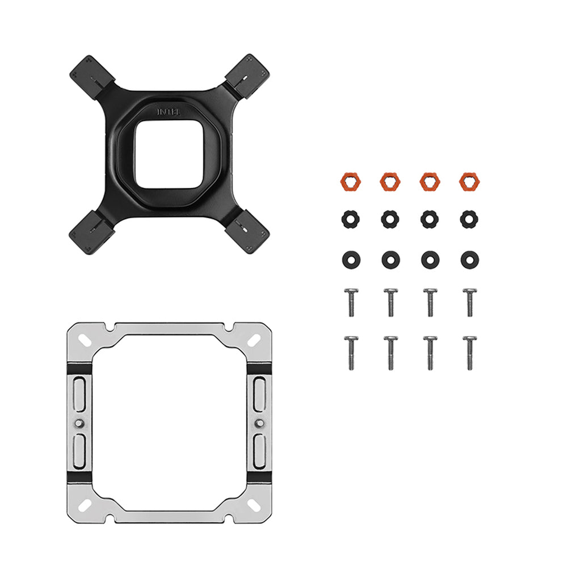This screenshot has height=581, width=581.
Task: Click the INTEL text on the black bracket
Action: [x=169, y=112]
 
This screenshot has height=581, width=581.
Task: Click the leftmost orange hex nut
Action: [x=350, y=182]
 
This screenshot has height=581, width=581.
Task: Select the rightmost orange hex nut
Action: [x=469, y=182]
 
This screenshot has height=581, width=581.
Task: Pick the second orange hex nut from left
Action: [x=390, y=182]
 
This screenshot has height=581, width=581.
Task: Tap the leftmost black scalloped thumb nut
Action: [x=351, y=220]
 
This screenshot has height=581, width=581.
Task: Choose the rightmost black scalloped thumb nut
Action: [x=469, y=220]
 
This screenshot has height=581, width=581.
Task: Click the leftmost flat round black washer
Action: [x=351, y=260]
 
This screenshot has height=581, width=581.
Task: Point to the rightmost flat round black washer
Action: [x=469, y=260]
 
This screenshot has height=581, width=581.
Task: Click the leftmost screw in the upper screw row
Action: [x=351, y=302]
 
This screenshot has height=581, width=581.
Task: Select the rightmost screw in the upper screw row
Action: [x=469, y=302]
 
